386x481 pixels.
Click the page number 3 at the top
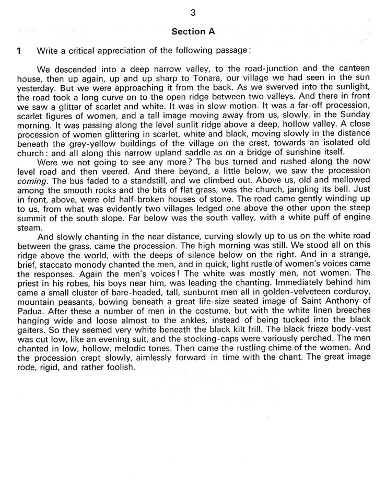(193, 13)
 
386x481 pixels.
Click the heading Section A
(193, 31)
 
